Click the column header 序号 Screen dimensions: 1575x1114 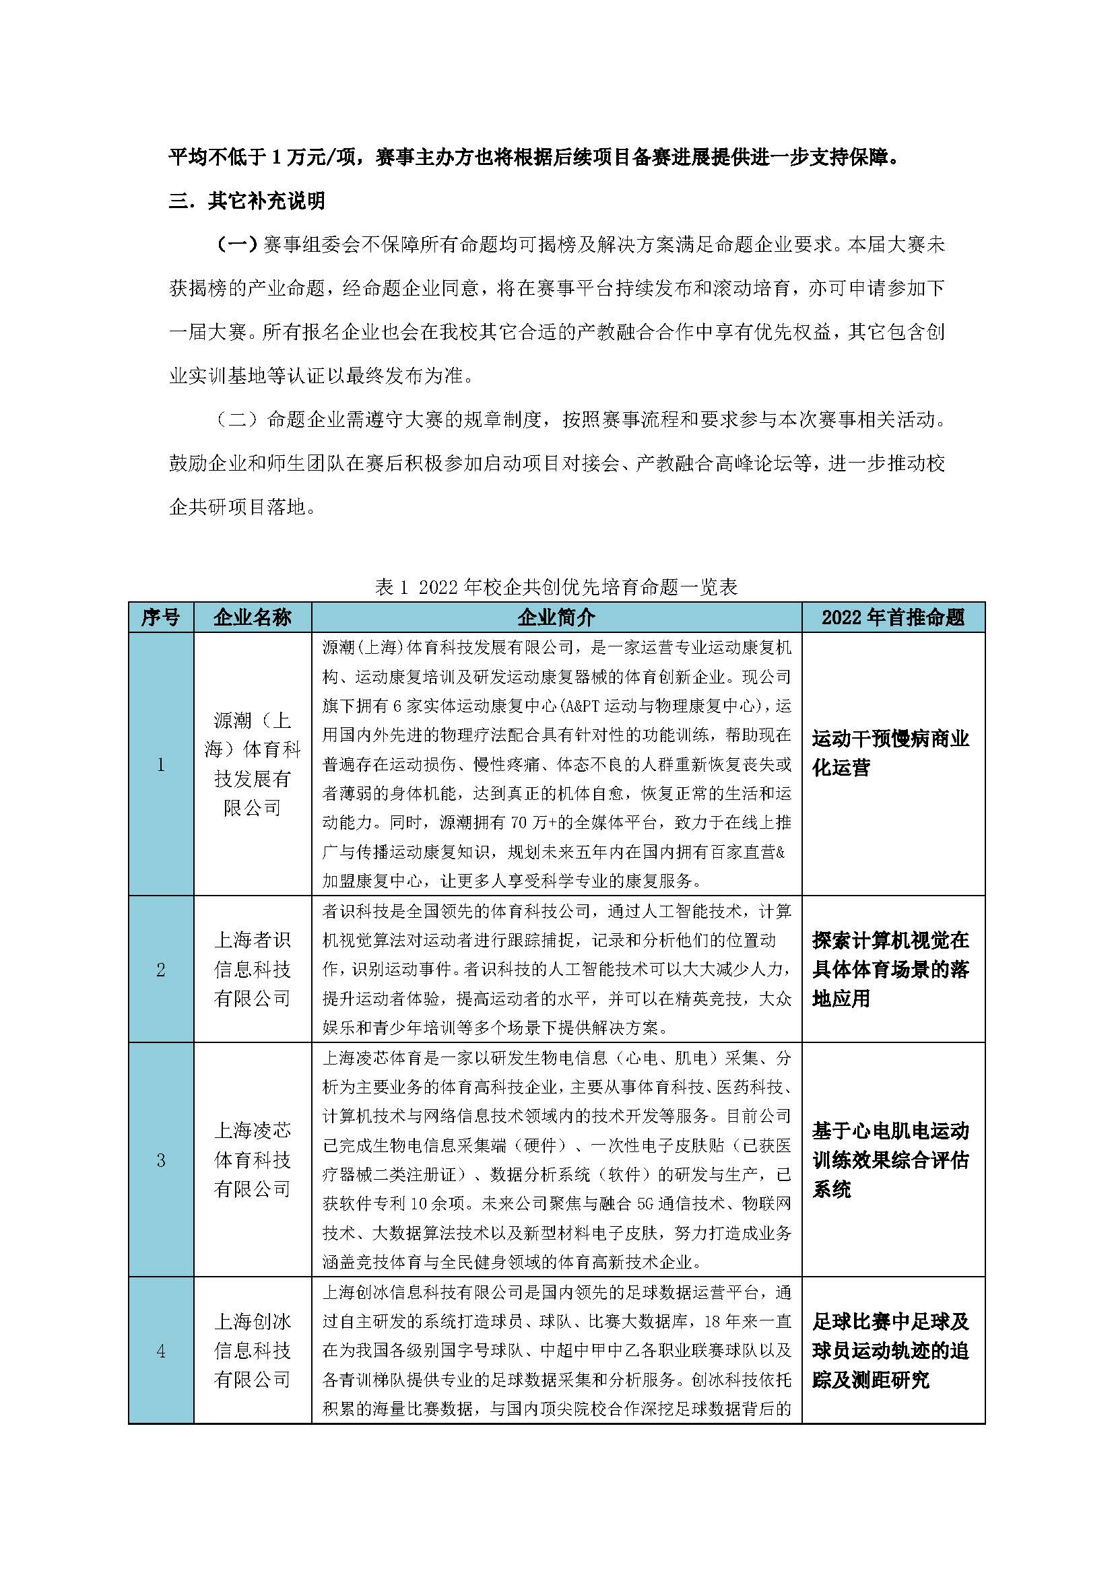160,617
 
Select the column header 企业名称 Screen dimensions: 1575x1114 253,617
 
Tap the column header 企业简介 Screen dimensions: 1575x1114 556,617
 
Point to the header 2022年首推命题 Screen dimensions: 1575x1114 893,617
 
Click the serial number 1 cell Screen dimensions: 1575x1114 160,764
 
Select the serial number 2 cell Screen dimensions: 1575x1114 160,969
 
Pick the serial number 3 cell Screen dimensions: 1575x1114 160,1160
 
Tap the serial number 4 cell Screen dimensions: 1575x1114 160,1351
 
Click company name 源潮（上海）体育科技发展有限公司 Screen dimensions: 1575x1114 253,764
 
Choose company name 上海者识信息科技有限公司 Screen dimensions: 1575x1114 253,969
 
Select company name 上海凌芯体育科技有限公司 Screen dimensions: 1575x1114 253,1160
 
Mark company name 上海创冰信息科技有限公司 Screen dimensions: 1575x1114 253,1351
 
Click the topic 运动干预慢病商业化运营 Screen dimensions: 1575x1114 890,753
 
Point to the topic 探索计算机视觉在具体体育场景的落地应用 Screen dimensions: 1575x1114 890,969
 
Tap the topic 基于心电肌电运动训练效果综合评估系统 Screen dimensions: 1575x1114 890,1160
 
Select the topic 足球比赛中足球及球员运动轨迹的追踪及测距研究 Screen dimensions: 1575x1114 890,1351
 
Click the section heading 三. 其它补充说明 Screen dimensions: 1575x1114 247,201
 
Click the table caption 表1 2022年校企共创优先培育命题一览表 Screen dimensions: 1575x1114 556,587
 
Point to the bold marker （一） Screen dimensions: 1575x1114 236,245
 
